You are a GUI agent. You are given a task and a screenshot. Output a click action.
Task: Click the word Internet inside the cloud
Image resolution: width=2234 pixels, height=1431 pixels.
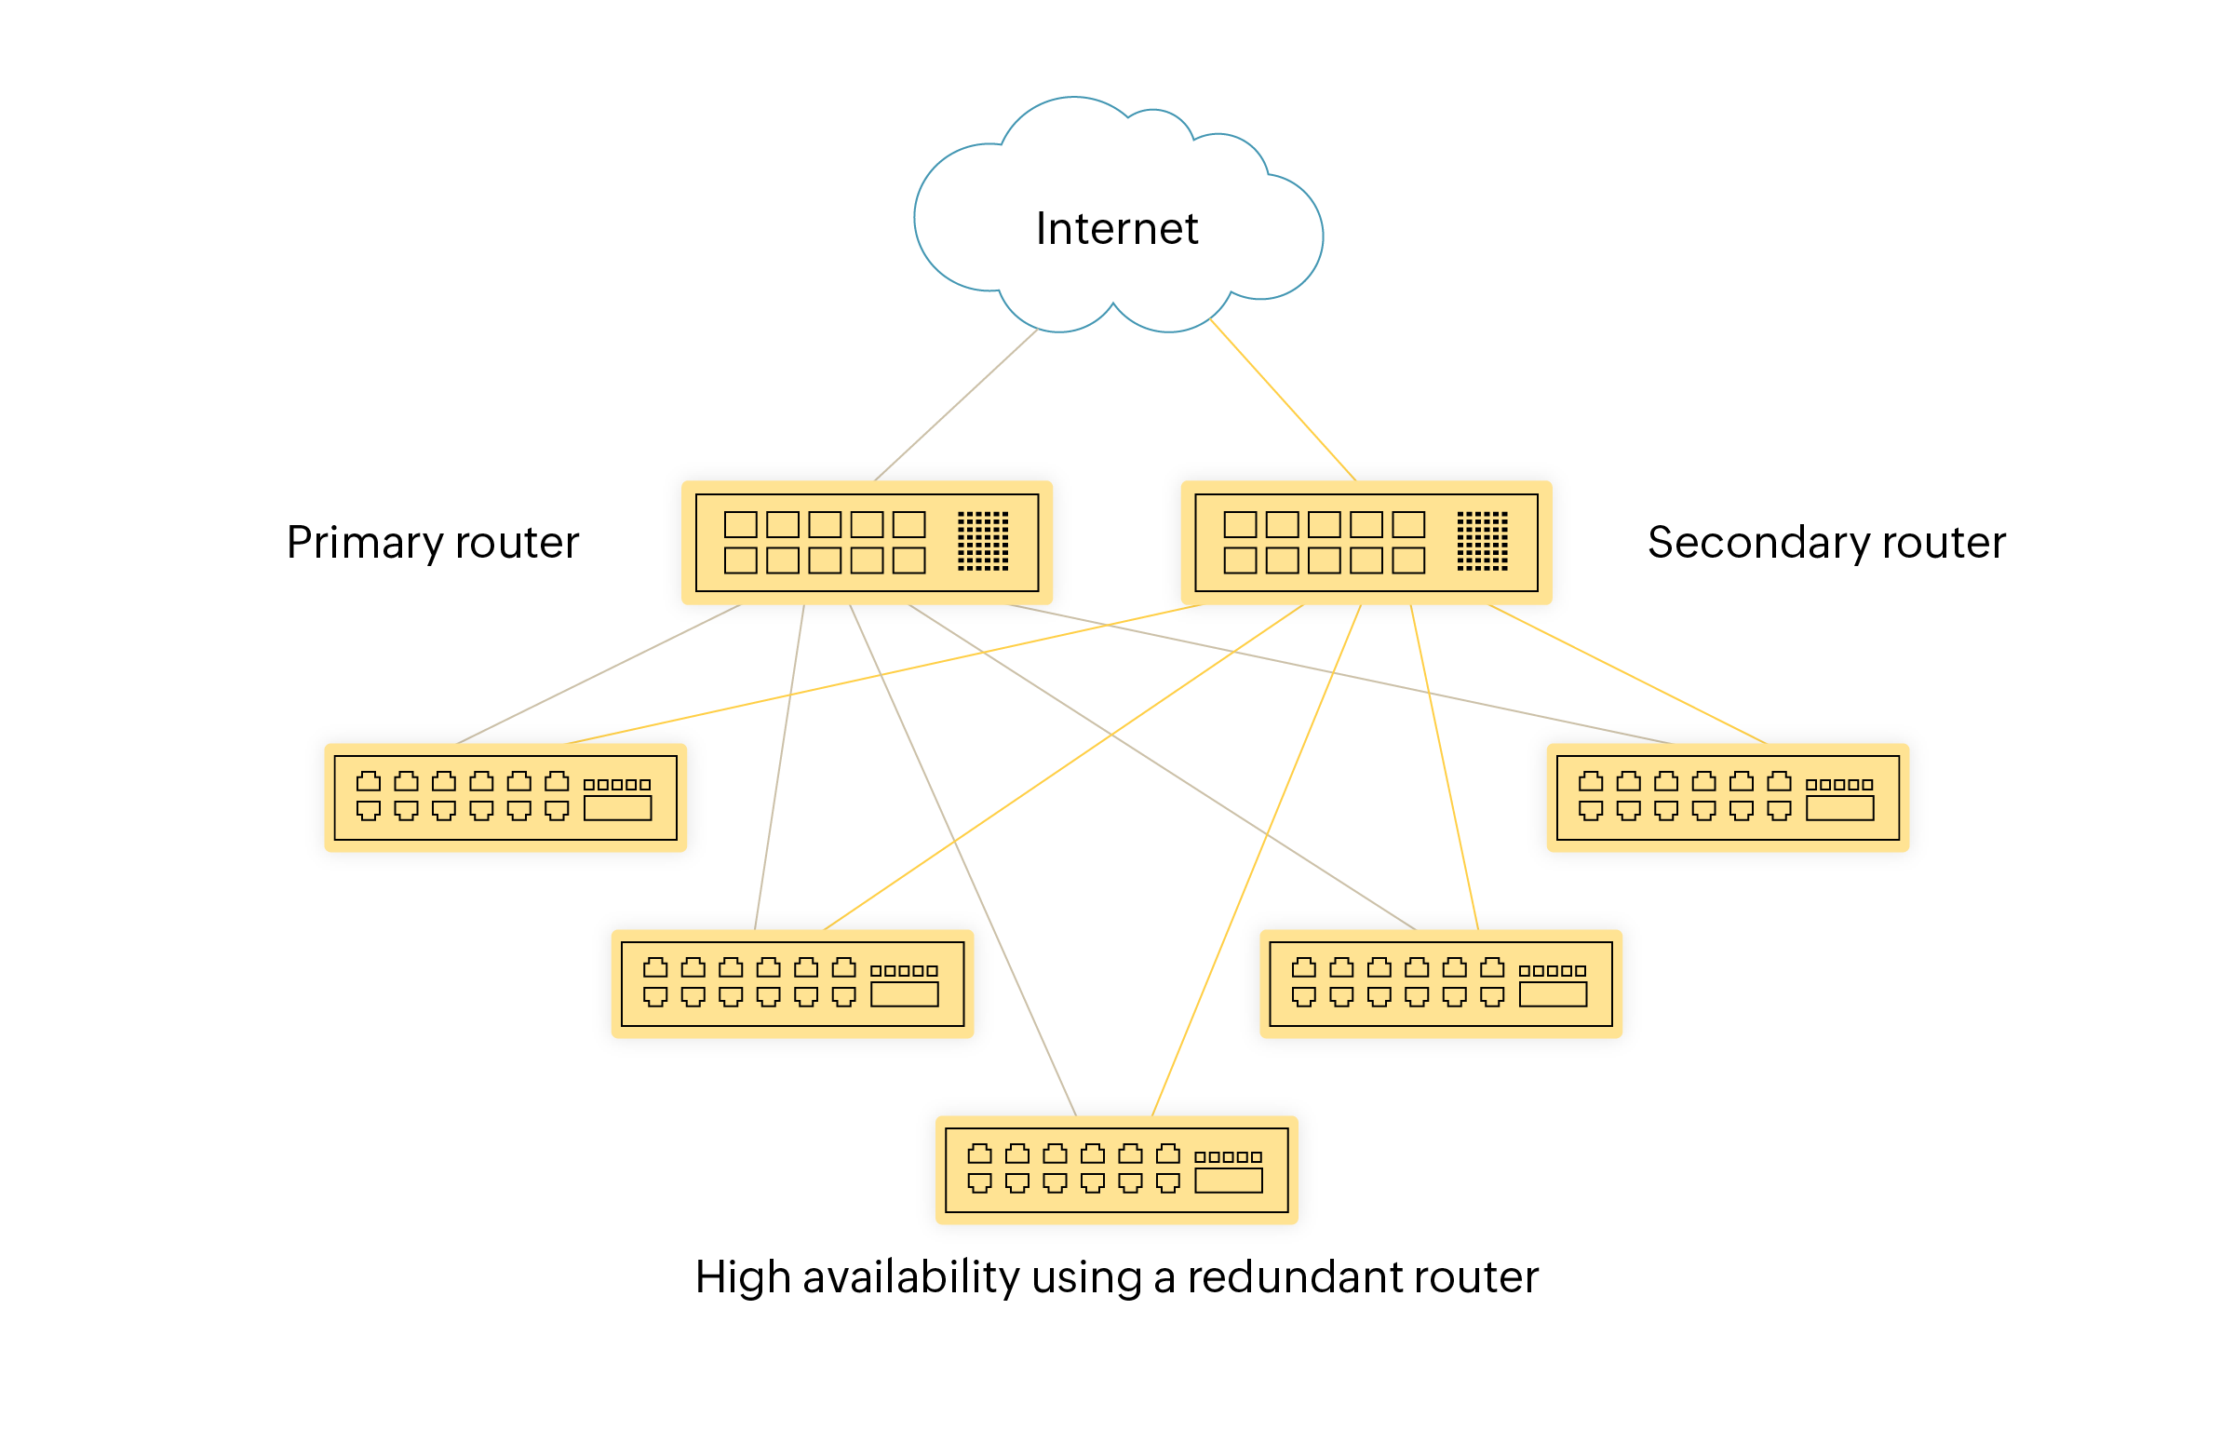1116,229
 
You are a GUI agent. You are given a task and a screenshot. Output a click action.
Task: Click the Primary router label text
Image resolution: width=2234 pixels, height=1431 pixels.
432,543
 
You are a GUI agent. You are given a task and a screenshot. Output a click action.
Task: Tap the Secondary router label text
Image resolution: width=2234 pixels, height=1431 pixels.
1825,543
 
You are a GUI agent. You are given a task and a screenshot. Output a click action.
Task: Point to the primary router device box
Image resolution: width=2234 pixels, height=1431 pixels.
867,543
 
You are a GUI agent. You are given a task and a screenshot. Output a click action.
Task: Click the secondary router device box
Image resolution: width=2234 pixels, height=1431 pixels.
1366,543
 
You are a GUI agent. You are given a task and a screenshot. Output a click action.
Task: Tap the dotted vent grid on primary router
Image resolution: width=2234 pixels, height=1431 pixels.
983,541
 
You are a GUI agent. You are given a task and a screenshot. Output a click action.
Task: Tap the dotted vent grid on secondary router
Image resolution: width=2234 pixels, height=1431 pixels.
1482,541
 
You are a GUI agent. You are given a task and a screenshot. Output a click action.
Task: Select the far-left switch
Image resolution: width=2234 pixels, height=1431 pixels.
505,798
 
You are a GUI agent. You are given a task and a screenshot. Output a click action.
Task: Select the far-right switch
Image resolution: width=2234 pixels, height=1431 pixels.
1727,798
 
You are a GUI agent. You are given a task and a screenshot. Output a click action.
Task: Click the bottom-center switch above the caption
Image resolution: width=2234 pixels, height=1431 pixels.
1116,1170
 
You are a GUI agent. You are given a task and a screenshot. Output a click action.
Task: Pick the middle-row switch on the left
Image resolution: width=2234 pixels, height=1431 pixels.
791,984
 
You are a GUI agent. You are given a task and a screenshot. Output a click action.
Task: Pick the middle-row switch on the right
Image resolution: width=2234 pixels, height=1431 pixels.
1440,984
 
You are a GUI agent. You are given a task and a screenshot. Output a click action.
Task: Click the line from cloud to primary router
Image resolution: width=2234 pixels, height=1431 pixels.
956,405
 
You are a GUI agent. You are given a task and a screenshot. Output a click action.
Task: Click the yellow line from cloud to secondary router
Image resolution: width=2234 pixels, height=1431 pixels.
1283,400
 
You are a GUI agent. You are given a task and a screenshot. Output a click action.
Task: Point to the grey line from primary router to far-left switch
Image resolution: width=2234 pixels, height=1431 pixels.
599,674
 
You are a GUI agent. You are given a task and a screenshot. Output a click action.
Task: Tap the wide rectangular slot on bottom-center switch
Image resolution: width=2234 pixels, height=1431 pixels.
1228,1181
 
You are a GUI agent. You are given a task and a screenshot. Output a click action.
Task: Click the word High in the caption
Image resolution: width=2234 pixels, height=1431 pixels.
741,1277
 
